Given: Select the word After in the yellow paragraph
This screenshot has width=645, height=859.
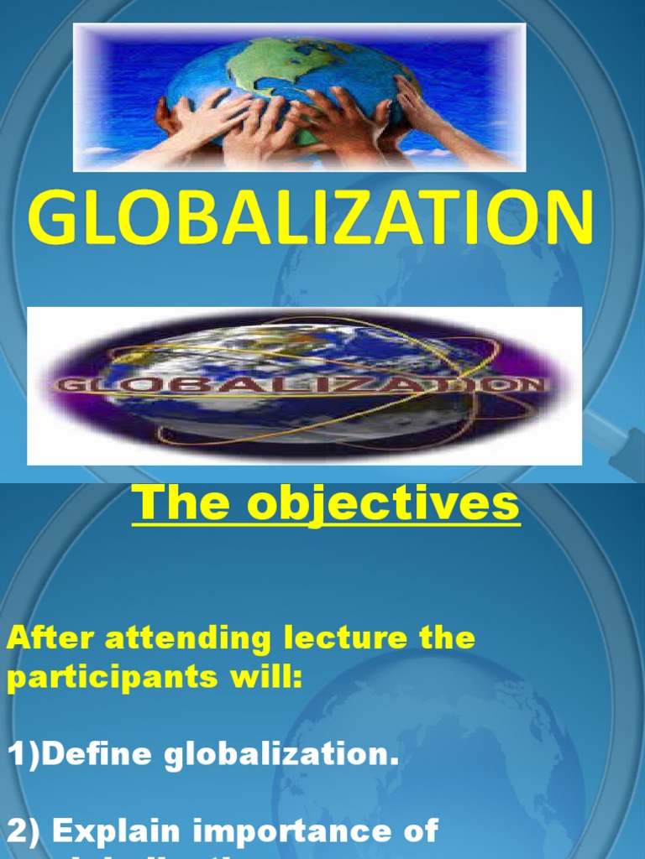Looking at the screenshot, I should point(50,638).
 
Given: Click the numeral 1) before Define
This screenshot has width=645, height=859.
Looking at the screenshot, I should point(23,756).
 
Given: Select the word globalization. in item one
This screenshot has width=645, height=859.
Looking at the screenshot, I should point(281,756).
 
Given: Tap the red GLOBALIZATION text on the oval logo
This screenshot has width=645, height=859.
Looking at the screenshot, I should point(302,387).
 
